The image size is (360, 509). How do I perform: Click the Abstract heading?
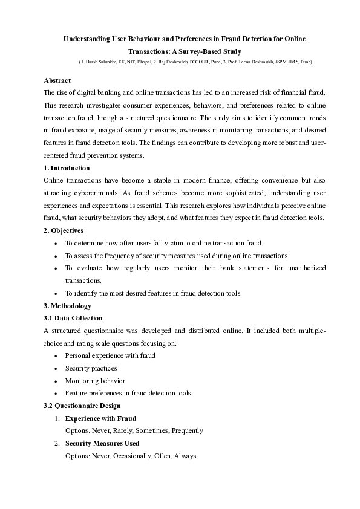(57, 80)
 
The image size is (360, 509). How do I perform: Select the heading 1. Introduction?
(67, 168)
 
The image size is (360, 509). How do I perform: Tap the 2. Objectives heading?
(64, 230)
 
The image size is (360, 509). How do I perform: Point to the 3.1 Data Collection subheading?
(73, 318)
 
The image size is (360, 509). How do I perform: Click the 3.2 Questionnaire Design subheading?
(82, 406)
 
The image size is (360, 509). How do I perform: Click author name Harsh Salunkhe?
(99, 63)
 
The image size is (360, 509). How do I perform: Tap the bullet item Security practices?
(91, 368)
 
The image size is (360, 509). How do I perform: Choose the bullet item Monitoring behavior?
(95, 381)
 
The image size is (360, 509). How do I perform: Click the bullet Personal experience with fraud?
(110, 355)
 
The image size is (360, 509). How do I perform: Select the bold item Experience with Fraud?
(100, 418)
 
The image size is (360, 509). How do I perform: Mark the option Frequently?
(187, 431)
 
